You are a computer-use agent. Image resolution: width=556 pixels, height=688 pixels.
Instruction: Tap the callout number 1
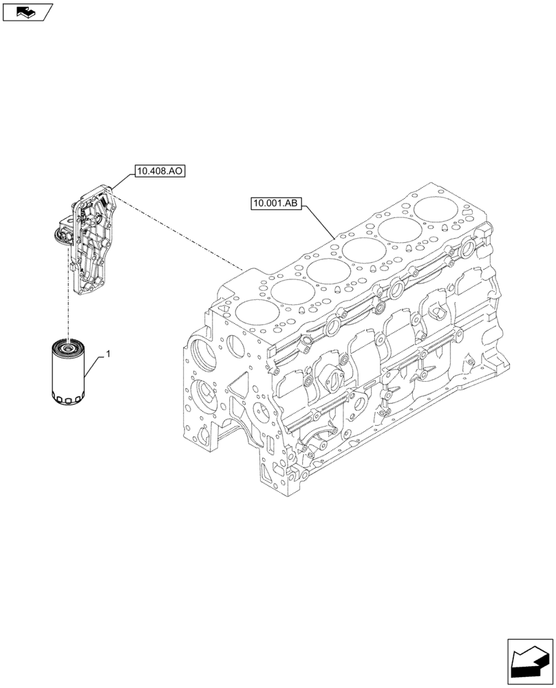point(109,354)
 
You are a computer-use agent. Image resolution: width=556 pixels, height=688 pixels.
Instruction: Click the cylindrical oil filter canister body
point(68,371)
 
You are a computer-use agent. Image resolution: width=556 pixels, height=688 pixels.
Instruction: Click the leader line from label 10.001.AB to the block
point(320,220)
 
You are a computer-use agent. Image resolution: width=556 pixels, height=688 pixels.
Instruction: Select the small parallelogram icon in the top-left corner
point(27,12)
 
